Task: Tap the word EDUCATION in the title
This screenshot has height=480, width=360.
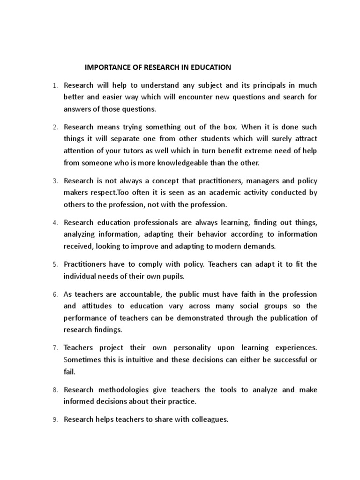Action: [211, 67]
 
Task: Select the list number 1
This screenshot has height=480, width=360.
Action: [54, 86]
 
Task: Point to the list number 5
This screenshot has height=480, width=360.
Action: [54, 265]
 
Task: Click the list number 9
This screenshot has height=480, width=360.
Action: [54, 420]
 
